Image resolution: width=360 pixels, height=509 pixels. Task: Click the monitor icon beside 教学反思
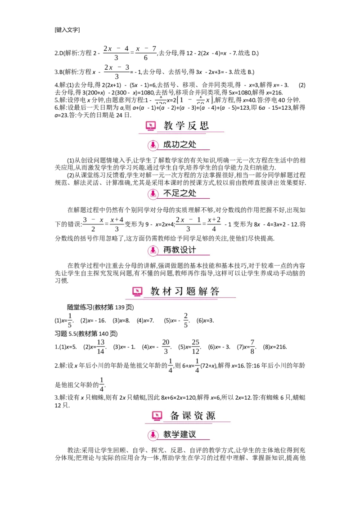[x=151, y=126]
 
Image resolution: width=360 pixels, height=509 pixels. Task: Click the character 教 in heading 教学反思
[x=168, y=126]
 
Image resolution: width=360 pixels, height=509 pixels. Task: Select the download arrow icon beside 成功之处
[x=153, y=145]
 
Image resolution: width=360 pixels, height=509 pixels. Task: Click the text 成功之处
[x=180, y=145]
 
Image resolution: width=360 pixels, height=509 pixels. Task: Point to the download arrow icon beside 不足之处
[x=153, y=194]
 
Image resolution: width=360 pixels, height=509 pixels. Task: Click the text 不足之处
[x=180, y=194]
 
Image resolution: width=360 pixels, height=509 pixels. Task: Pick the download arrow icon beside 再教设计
[x=153, y=250]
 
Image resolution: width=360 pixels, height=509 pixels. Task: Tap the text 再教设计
[x=180, y=250]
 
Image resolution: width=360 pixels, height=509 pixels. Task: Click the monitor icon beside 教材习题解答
[x=137, y=291]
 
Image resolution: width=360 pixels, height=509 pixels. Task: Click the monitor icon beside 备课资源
[x=157, y=416]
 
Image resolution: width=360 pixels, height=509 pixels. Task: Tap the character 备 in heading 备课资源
[x=175, y=416]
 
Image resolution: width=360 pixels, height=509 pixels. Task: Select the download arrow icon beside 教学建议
[x=153, y=435]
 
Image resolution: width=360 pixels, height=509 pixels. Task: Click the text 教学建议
[x=180, y=435]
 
